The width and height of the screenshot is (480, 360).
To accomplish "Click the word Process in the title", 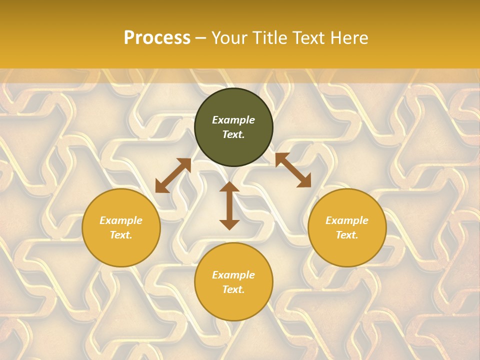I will coord(157,38).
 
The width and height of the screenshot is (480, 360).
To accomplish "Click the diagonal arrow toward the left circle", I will coord(173,175).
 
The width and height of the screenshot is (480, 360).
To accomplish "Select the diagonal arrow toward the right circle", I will coord(293,170).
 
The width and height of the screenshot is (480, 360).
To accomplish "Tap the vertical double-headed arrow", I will coord(229,205).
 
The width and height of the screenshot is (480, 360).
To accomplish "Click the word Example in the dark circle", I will coord(233,120).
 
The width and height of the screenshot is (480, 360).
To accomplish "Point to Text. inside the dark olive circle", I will coord(233,134).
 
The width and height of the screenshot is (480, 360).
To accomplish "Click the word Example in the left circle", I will coord(121,220).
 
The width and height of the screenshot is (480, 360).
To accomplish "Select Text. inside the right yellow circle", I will coord(347,235).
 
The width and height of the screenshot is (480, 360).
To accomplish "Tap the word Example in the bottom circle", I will coord(233,275).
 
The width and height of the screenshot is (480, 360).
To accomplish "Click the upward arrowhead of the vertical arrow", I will coord(229,186).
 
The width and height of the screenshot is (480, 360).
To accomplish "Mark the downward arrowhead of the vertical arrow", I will coord(229,224).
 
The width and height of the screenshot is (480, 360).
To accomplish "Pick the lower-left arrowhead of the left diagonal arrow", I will coord(160,187).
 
